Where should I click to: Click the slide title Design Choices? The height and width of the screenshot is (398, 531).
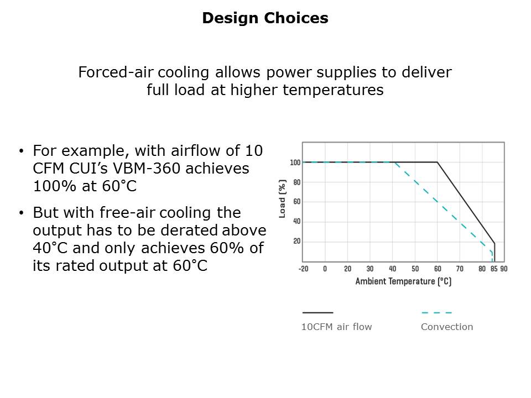[265, 18]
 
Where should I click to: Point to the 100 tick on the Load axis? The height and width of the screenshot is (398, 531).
[295, 163]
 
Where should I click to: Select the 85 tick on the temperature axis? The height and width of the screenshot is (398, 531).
[494, 269]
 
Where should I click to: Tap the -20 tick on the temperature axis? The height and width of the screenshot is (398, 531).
[304, 269]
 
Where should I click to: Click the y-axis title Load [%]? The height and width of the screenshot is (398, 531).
[282, 198]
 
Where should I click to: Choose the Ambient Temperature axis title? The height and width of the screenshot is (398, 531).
[403, 281]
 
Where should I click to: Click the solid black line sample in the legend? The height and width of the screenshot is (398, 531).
[317, 313]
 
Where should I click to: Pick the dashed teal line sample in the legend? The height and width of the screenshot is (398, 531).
[437, 313]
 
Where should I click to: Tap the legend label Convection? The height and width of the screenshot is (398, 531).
[447, 327]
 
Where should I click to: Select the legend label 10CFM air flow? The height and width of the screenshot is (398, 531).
[337, 327]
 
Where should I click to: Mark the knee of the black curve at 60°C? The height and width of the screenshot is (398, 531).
[437, 163]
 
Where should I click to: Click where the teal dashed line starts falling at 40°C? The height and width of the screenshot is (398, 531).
[394, 163]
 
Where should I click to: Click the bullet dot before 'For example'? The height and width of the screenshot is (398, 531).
[22, 151]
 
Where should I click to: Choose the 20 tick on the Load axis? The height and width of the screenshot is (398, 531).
[296, 242]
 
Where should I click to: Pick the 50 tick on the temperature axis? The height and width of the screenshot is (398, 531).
[415, 269]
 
